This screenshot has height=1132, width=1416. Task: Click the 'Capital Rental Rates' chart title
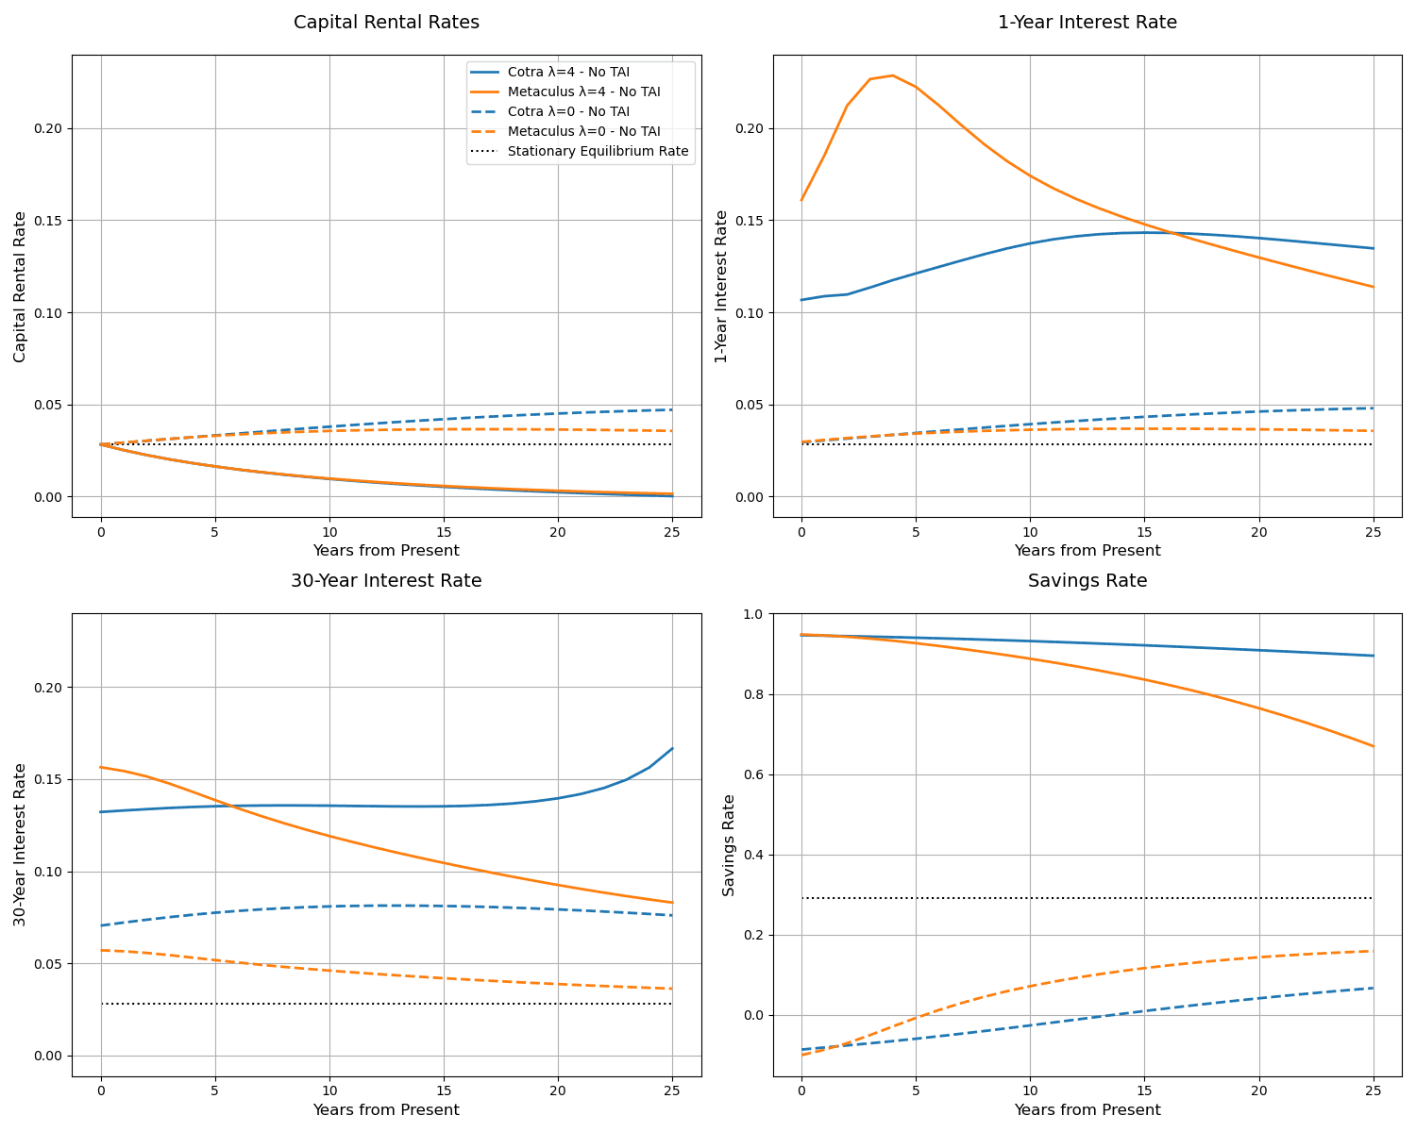[x=386, y=23]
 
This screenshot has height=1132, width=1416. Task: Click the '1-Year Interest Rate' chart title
[x=1087, y=23]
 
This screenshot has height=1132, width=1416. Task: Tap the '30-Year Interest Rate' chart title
[x=386, y=581]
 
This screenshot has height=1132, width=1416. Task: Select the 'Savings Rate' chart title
[x=1087, y=581]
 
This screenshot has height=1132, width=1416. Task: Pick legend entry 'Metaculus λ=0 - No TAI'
[x=583, y=131]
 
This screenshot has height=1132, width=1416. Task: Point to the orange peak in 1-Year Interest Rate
[x=892, y=75]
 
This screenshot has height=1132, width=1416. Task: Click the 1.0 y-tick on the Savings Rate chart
[x=752, y=614]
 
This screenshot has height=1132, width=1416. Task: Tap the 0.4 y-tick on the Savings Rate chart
[x=752, y=855]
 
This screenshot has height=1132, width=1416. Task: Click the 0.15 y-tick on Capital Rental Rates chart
[x=47, y=221]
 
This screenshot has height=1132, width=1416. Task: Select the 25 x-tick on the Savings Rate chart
[x=1373, y=1090]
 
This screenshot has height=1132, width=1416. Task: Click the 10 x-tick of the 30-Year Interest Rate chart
[x=329, y=1090]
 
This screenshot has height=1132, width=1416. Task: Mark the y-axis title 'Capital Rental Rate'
[x=21, y=286]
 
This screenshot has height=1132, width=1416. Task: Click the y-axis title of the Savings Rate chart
[x=729, y=844]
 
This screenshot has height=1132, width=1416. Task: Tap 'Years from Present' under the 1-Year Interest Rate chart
[x=1087, y=551]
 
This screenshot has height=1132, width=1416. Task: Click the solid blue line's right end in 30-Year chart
[x=672, y=748]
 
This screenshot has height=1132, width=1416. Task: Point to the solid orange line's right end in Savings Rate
[x=1373, y=746]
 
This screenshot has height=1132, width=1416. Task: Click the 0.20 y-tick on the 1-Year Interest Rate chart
[x=749, y=128]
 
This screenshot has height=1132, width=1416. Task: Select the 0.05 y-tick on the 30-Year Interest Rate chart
[x=47, y=964]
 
